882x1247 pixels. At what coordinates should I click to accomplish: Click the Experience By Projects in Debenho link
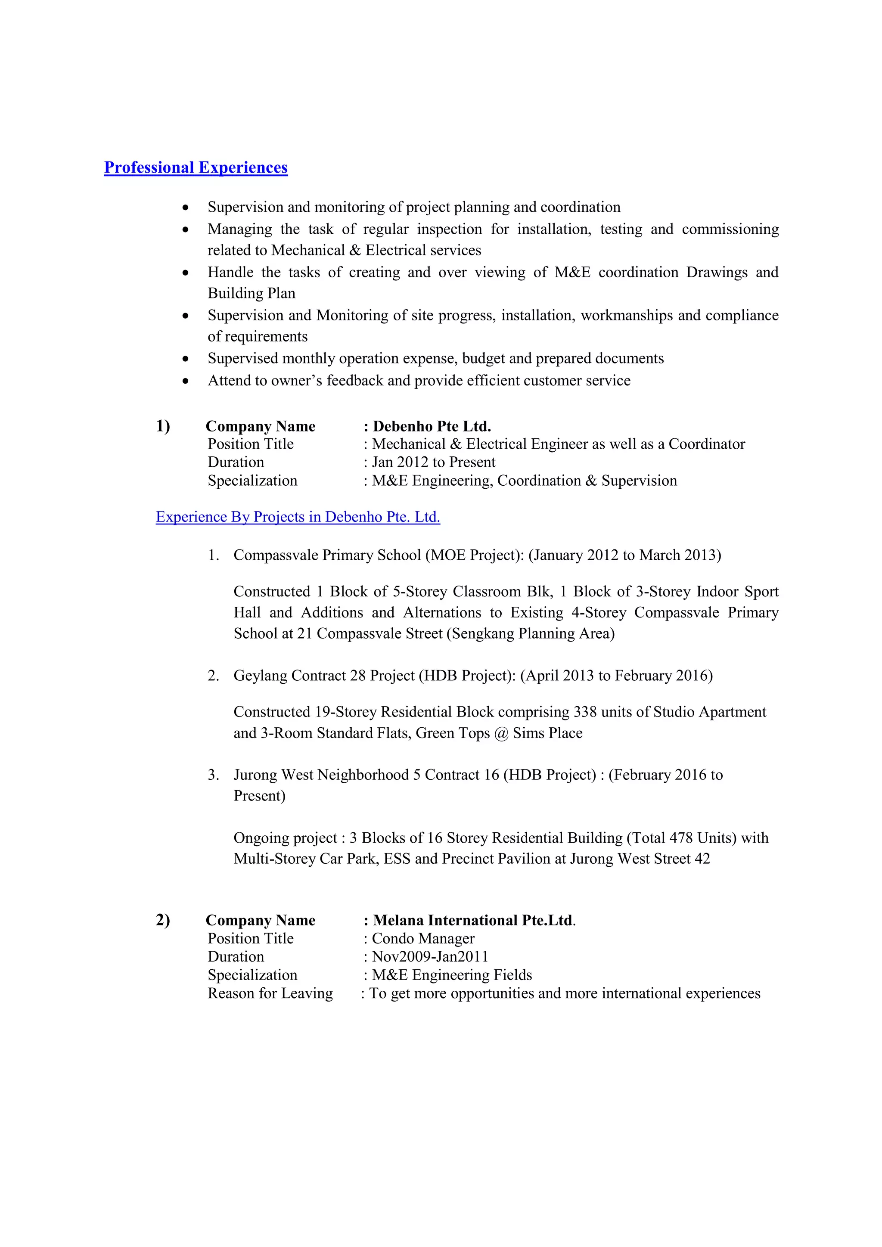click(x=298, y=517)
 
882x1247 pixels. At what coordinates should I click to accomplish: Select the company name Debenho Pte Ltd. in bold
click(x=432, y=426)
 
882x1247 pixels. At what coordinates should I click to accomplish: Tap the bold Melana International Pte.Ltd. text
click(x=472, y=920)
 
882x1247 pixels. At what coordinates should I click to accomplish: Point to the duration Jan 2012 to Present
click(x=433, y=462)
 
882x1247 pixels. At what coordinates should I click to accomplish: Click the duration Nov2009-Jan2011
click(x=430, y=956)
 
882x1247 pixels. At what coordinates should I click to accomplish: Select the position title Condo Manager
click(x=423, y=939)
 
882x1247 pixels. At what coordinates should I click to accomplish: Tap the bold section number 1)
click(x=163, y=426)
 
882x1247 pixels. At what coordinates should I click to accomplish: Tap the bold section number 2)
click(x=163, y=920)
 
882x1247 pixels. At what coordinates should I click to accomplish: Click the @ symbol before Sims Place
click(x=501, y=733)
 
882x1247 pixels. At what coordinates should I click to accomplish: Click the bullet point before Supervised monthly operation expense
click(x=186, y=359)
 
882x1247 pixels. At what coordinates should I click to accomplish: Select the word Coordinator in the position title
click(x=707, y=444)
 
